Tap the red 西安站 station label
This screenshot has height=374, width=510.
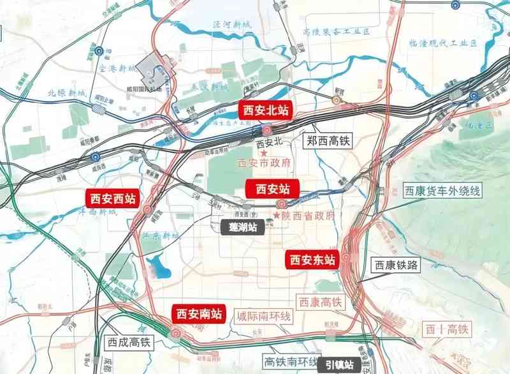click(272, 189)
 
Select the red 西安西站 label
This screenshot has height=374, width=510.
click(113, 198)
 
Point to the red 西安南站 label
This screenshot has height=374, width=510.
click(199, 313)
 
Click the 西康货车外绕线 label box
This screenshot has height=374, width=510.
click(442, 191)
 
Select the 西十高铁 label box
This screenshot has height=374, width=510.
click(447, 329)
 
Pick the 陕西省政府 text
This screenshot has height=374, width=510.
click(309, 216)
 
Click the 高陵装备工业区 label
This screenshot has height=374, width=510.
click(337, 31)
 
